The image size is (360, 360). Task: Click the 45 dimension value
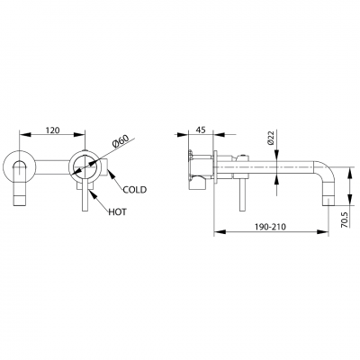tap(201, 131)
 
